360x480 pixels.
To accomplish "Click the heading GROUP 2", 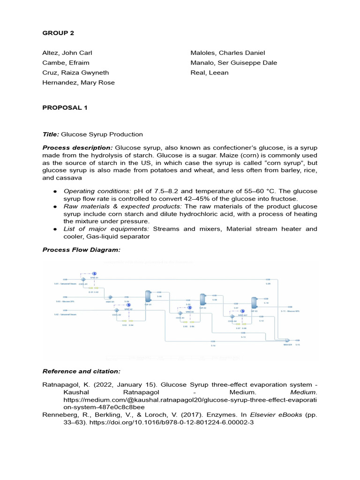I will tap(59, 33).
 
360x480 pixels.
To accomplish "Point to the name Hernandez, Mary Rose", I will tap(79, 82).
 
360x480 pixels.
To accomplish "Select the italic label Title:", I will tap(51, 134).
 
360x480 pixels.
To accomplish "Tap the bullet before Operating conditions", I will tap(55, 191).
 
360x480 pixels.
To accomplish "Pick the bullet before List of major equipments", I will tap(55, 229).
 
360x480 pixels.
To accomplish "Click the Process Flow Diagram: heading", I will tap(82, 250).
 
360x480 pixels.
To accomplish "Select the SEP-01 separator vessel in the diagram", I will tap(148, 296).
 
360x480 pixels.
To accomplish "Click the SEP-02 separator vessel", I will tap(203, 300).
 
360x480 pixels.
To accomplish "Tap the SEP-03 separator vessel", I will tap(254, 302).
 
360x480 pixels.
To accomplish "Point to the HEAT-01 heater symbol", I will tap(110, 297).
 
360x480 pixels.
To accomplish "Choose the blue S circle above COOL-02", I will tap(128, 305).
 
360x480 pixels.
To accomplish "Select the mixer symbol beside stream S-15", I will tap(287, 340).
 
